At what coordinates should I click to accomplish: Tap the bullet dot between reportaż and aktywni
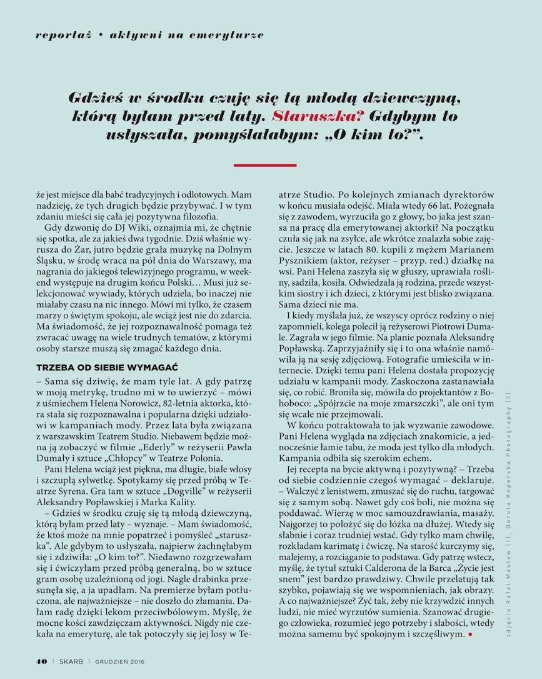[x=100, y=35]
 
